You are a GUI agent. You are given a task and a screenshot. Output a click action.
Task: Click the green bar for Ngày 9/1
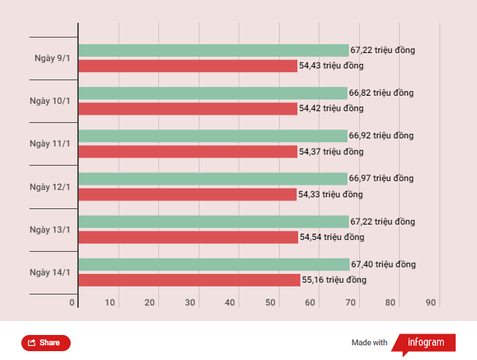pyautogui.click(x=213, y=50)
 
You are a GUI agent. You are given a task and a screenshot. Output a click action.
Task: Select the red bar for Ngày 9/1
pyautogui.click(x=188, y=66)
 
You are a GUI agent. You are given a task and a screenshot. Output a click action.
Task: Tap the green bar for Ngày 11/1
pyautogui.click(x=213, y=135)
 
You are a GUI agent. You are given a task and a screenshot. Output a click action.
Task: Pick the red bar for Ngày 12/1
pyautogui.click(x=187, y=194)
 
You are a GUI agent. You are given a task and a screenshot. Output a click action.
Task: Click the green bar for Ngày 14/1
pyautogui.click(x=213, y=264)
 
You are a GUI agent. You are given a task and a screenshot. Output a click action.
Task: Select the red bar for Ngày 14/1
pyautogui.click(x=189, y=280)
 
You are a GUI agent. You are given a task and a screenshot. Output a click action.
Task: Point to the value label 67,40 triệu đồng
pyautogui.click(x=384, y=264)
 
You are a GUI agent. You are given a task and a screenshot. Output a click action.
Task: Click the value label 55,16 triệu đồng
pyautogui.click(x=334, y=280)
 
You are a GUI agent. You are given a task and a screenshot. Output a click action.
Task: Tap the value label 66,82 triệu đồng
pyautogui.click(x=381, y=93)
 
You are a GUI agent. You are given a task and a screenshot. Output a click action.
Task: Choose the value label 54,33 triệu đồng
pyautogui.click(x=331, y=194)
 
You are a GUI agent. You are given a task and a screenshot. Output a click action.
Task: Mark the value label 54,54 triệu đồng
pyautogui.click(x=332, y=237)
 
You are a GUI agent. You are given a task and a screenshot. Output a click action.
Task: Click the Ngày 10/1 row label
pyautogui.click(x=50, y=101)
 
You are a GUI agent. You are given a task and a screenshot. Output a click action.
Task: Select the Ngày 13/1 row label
pyautogui.click(x=50, y=230)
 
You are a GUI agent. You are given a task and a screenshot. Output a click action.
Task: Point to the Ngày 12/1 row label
pyautogui.click(x=50, y=187)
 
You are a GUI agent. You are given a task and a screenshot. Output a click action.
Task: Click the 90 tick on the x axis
pyautogui.click(x=431, y=303)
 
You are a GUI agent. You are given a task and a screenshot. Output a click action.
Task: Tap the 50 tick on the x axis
pyautogui.click(x=271, y=303)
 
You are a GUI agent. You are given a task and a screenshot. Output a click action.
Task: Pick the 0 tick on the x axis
pyautogui.click(x=73, y=303)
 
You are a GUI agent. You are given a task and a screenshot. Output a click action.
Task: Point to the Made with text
pyautogui.click(x=370, y=342)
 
